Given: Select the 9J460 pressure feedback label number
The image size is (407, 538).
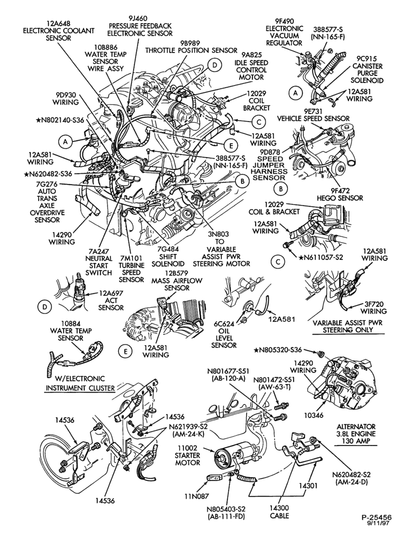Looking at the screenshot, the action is (140, 18).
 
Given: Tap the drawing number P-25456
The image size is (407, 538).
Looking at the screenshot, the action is (376, 526).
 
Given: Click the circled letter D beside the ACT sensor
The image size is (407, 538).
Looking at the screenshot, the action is (45, 307).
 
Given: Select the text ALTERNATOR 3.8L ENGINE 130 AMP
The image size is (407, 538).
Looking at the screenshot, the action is (355, 434).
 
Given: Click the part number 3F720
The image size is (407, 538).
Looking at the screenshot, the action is (373, 303).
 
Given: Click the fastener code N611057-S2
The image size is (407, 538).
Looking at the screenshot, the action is (321, 256).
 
